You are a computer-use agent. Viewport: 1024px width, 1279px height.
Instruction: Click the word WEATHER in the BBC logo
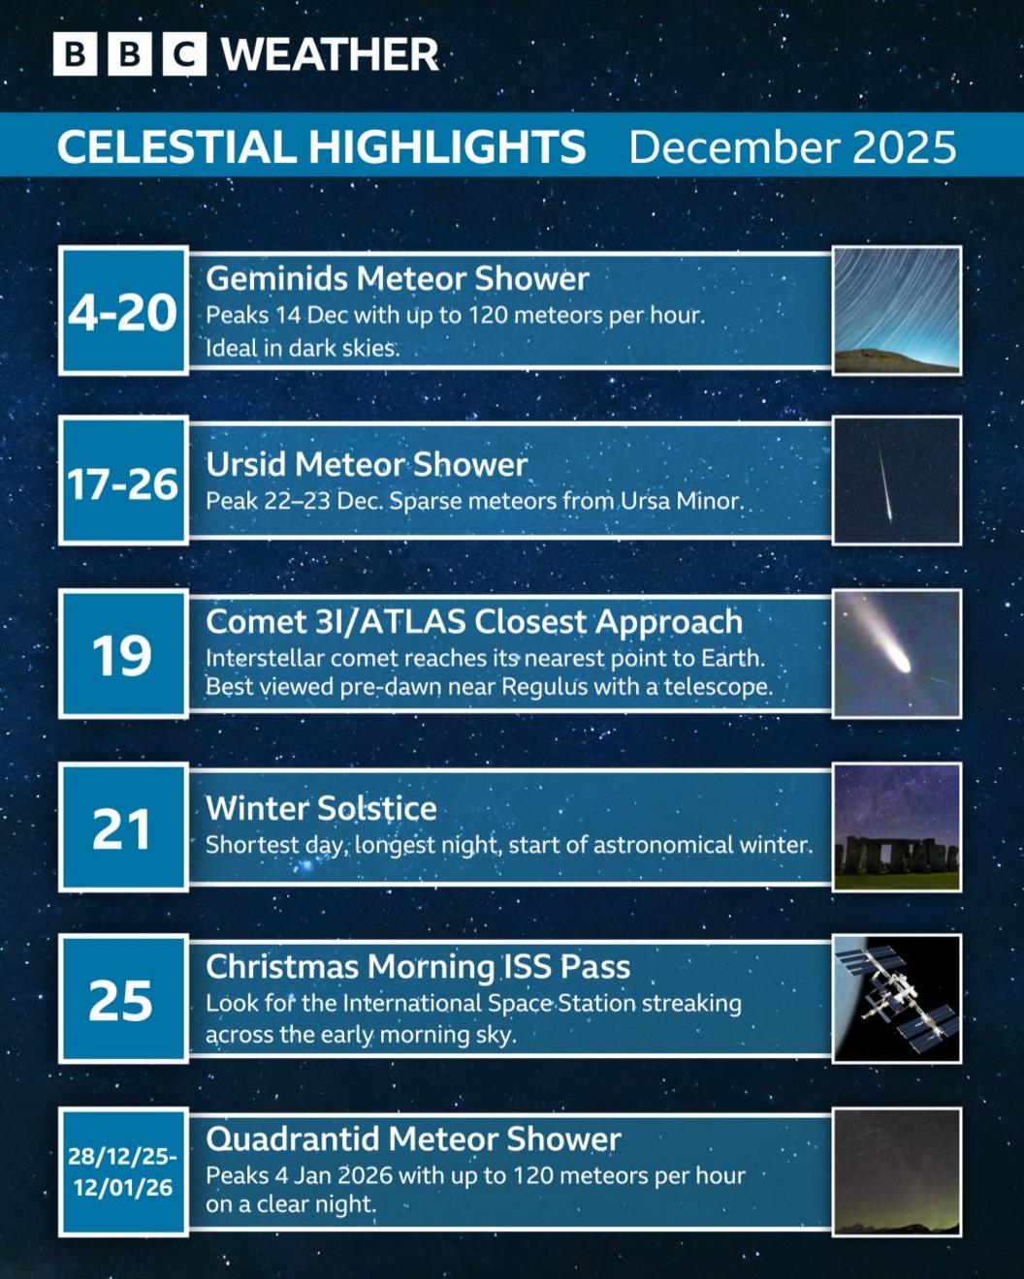click(x=330, y=54)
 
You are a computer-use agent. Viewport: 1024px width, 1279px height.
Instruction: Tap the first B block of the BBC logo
click(x=75, y=54)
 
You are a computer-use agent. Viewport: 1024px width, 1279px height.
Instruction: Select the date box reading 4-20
click(x=123, y=311)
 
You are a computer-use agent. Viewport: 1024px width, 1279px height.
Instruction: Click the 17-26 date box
click(x=123, y=482)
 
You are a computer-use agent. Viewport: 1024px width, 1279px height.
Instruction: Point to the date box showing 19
click(x=123, y=654)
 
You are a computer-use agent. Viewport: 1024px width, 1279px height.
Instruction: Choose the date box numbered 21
click(x=123, y=827)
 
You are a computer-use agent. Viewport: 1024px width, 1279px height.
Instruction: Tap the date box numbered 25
click(x=123, y=999)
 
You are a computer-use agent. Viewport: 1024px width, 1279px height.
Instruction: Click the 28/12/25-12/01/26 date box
click(x=123, y=1171)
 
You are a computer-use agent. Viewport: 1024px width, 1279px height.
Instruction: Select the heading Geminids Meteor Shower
click(x=398, y=279)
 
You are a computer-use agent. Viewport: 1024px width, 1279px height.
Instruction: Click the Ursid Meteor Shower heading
click(x=367, y=465)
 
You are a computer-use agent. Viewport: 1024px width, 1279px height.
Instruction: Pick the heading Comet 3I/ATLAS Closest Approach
click(x=474, y=622)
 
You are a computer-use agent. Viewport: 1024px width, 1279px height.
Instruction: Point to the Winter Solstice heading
click(x=321, y=808)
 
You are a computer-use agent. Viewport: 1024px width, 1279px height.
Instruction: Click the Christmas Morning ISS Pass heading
click(x=418, y=966)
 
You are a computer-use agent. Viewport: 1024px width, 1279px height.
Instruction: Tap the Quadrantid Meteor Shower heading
click(x=413, y=1139)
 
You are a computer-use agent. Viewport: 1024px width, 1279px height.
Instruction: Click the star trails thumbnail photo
click(x=897, y=310)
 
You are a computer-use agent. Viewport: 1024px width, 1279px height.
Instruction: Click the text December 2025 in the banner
click(x=792, y=147)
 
